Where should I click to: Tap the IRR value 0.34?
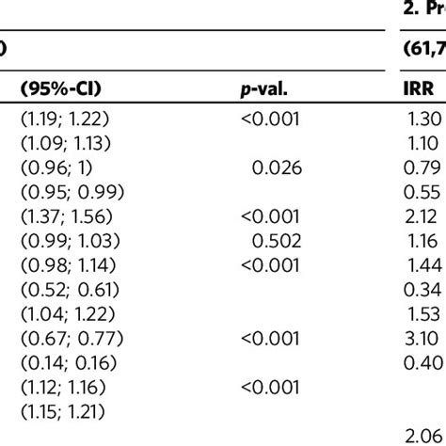(420, 281)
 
